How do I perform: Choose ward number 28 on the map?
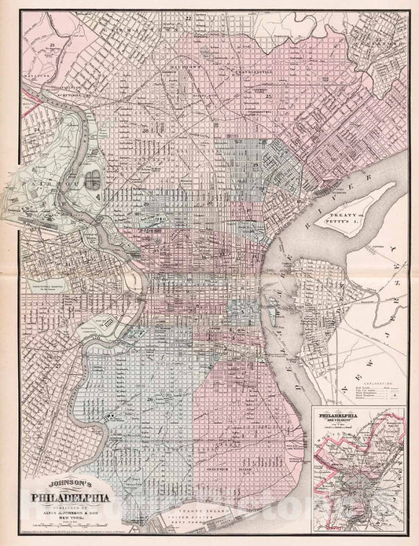(x=145, y=129)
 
